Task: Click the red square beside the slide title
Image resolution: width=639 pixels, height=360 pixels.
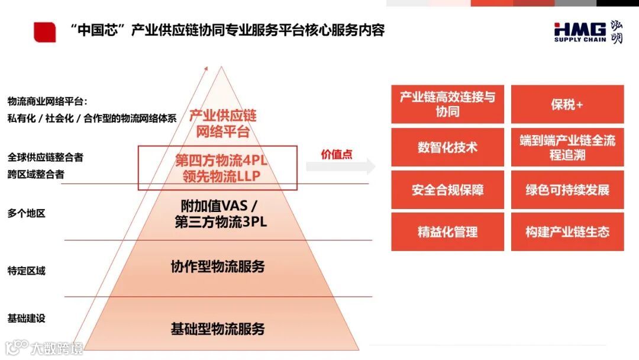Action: [x=45, y=32]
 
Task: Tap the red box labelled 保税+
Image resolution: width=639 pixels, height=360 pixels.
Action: [x=567, y=104]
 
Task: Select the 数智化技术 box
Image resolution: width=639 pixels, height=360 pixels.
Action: [x=447, y=147]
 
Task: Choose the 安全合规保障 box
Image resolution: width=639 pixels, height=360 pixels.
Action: [x=447, y=190]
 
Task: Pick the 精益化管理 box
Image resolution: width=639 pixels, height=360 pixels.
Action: [x=447, y=232]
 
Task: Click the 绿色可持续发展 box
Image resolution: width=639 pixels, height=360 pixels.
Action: [x=567, y=190]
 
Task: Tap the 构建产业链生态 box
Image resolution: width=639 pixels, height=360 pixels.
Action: [x=567, y=232]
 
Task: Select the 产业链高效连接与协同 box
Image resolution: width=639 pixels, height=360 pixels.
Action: [x=447, y=104]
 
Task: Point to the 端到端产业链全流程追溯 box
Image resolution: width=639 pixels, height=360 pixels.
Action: [x=567, y=147]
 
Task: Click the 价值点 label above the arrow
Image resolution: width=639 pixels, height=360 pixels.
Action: [x=337, y=154]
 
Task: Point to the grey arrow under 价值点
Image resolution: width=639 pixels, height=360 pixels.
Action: [x=341, y=166]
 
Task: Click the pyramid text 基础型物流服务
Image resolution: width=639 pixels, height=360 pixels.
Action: [x=218, y=329]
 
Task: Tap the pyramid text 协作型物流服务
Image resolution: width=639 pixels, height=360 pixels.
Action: [x=218, y=266]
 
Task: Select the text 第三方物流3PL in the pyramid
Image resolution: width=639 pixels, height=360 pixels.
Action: [x=221, y=222]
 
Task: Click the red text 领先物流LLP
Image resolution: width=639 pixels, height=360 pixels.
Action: [x=218, y=176]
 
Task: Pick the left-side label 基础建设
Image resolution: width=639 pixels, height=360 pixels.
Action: [x=27, y=319]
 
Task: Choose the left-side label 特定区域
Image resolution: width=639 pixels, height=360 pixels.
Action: [x=27, y=271]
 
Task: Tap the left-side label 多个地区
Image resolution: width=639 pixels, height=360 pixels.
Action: [x=27, y=213]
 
